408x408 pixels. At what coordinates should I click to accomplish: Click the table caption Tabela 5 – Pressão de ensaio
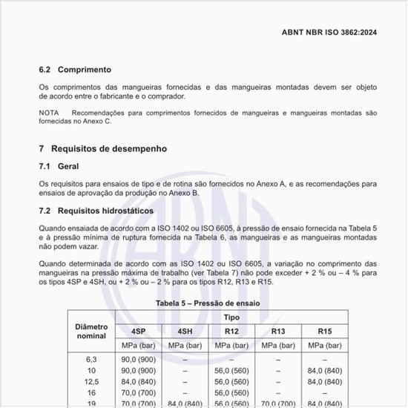point(207,303)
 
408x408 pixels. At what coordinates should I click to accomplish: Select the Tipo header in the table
point(231,317)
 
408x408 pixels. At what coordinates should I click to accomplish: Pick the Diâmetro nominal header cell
point(91,331)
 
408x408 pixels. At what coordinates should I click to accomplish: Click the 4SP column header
point(138,331)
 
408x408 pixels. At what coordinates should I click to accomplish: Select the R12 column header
point(231,331)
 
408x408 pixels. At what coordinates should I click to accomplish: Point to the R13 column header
point(278,331)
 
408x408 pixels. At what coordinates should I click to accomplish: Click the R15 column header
point(325,331)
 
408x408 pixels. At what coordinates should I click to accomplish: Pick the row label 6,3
point(91,359)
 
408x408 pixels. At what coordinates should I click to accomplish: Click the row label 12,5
point(91,381)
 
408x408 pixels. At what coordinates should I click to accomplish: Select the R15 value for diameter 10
point(325,370)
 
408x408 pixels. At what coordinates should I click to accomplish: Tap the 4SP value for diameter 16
point(138,392)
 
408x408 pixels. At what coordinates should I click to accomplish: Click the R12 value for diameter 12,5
point(231,381)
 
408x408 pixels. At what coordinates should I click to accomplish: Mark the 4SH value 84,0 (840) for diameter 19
point(185,404)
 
